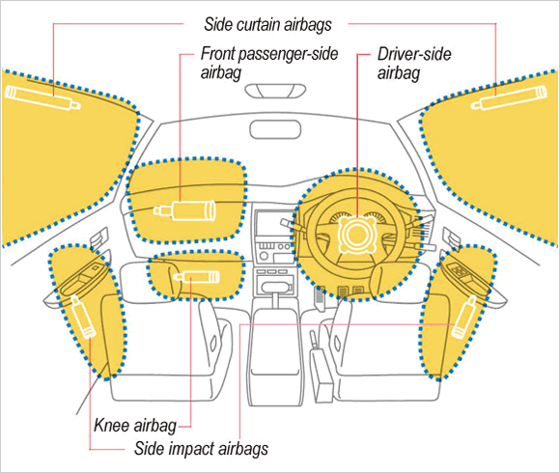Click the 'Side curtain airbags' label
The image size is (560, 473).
point(267,25)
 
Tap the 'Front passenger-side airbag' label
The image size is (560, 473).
point(269,63)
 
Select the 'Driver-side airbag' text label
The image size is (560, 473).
point(414,63)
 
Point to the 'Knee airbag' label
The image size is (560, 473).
point(135,426)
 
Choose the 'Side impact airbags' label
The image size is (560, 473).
point(201,448)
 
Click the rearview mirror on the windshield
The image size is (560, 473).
point(275,129)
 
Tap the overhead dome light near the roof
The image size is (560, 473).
point(275,91)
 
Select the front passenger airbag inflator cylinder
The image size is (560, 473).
point(184,210)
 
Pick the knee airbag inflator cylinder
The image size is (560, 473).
point(196,277)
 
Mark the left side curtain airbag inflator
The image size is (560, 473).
point(42,97)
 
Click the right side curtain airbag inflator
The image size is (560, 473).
point(509,97)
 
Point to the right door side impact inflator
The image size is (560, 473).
point(464,317)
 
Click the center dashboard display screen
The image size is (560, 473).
point(273,224)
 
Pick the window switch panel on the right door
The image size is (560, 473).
point(462,272)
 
